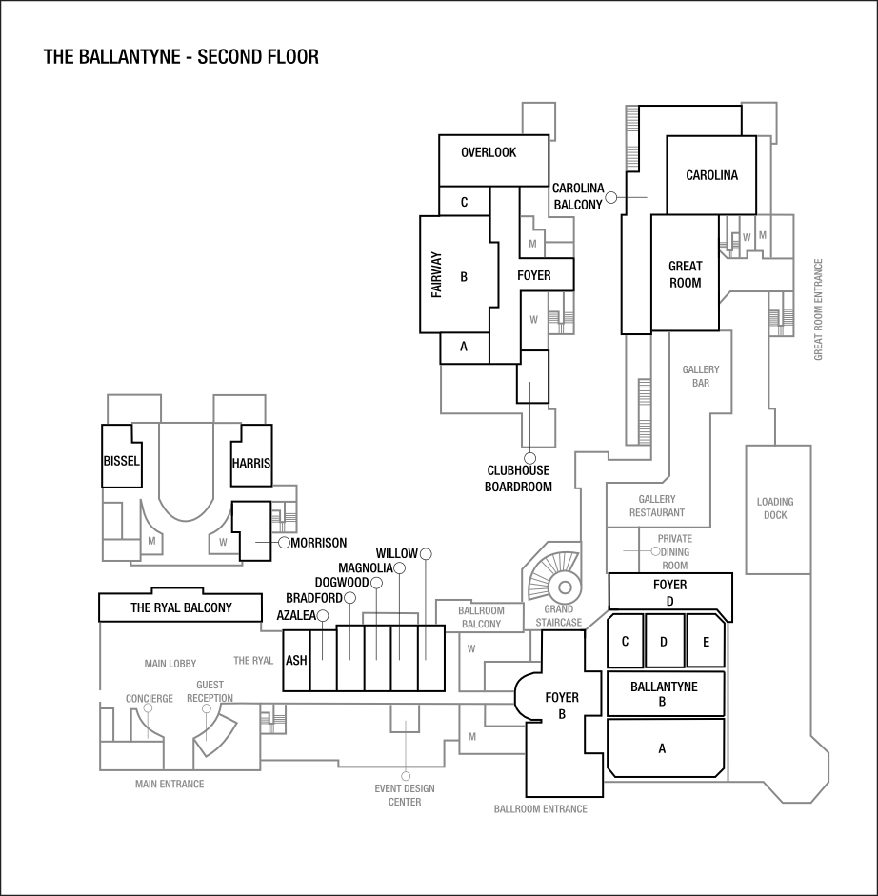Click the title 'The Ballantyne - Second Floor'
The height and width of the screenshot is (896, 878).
tap(181, 57)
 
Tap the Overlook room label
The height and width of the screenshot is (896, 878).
tap(489, 152)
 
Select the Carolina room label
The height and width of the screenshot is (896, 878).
tap(711, 175)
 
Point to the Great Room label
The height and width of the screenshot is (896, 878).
tap(685, 274)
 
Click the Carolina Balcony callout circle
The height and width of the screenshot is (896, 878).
tap(611, 197)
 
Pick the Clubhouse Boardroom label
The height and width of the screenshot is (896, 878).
tap(518, 478)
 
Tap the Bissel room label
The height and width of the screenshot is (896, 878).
tap(121, 462)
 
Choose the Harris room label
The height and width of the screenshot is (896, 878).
tap(250, 464)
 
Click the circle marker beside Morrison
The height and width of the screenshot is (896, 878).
tap(284, 542)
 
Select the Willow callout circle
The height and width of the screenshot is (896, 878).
tap(426, 554)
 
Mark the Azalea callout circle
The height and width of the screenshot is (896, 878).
tap(323, 616)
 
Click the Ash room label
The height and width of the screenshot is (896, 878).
tap(296, 660)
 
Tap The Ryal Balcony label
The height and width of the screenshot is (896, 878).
tap(181, 607)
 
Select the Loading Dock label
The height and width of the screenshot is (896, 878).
tap(775, 508)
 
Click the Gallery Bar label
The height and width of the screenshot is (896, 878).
tap(701, 375)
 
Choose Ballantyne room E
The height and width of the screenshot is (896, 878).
tap(706, 642)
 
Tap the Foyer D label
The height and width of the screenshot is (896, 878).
tap(669, 592)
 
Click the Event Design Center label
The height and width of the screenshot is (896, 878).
tap(405, 794)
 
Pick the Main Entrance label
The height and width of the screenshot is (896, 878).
tap(170, 785)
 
